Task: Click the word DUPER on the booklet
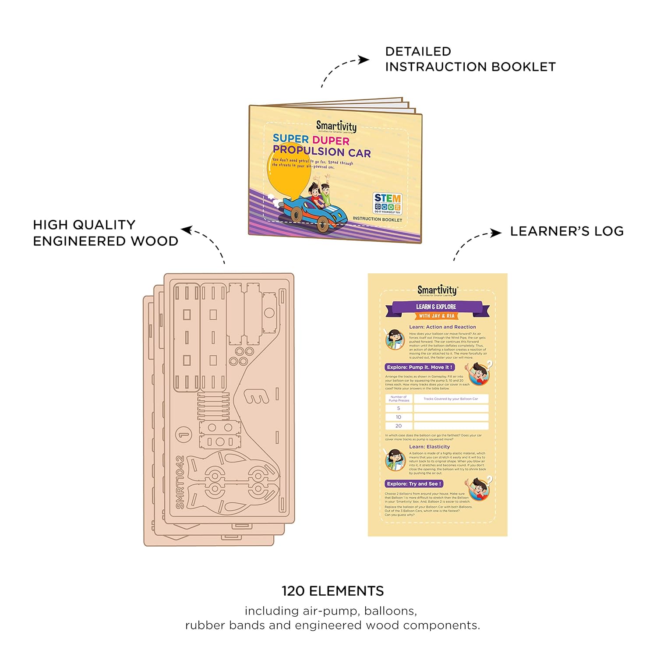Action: click(x=331, y=141)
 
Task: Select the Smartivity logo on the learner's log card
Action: click(x=437, y=290)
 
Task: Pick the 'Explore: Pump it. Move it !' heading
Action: click(x=420, y=367)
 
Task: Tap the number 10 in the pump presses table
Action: click(x=399, y=417)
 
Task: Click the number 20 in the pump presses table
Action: click(x=399, y=426)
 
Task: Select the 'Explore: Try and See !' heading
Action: click(x=414, y=484)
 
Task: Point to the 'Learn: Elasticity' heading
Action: click(x=429, y=447)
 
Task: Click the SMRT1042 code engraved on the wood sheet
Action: click(x=180, y=482)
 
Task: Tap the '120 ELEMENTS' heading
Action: click(x=332, y=591)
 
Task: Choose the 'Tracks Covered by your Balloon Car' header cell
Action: click(x=451, y=399)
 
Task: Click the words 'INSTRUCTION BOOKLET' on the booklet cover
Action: click(x=377, y=219)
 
